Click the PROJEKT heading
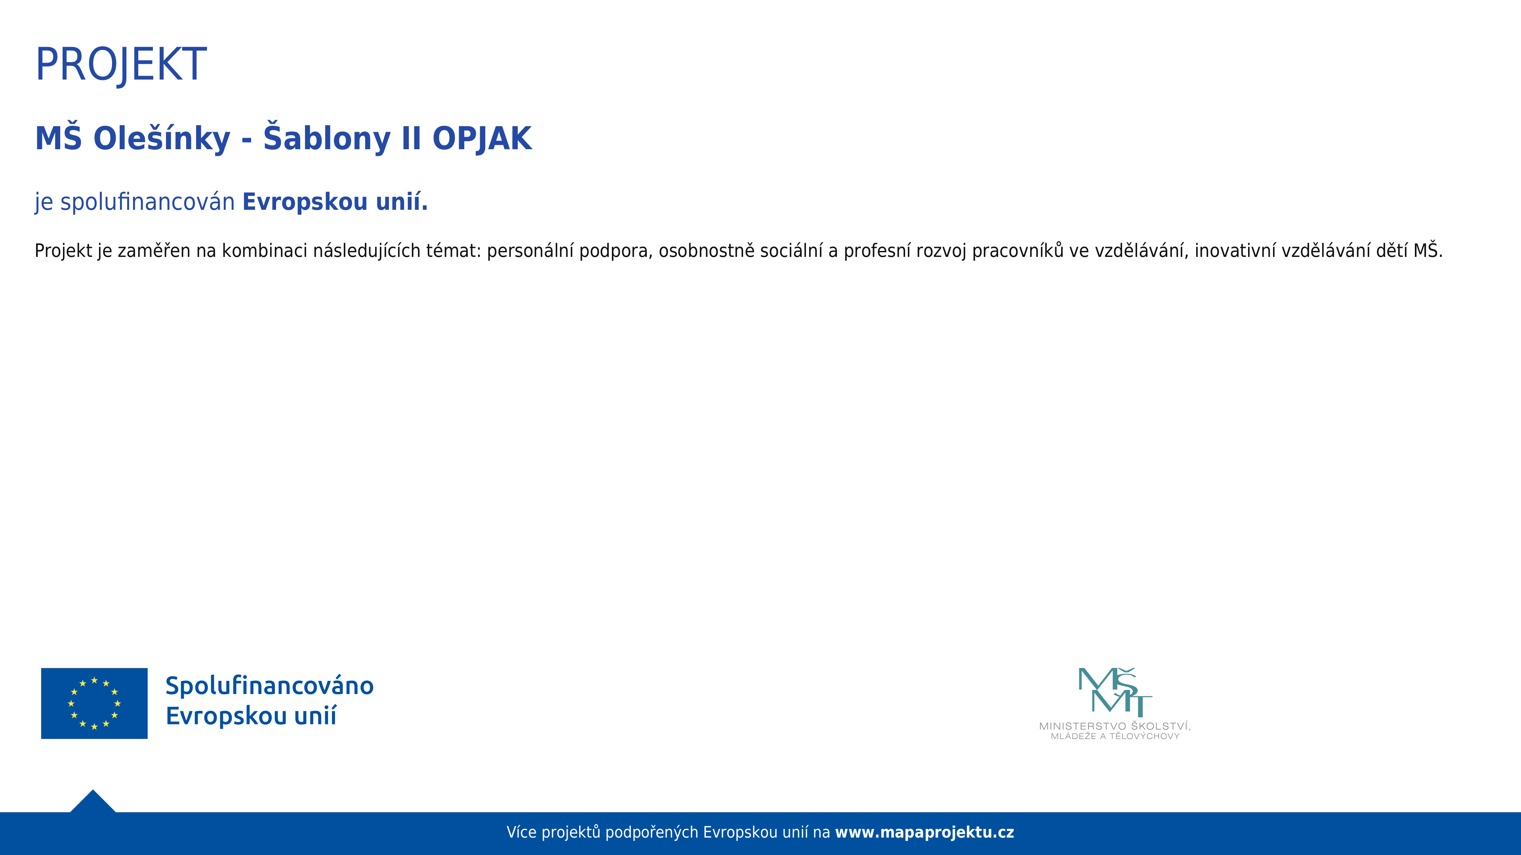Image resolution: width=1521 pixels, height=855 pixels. pyautogui.click(x=121, y=65)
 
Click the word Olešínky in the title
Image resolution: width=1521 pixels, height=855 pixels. pyautogui.click(x=162, y=138)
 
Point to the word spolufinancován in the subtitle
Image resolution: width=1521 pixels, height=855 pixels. pyautogui.click(x=148, y=202)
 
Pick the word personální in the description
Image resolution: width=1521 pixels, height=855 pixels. pyautogui.click(x=530, y=251)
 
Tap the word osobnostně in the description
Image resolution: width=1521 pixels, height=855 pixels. pyautogui.click(x=707, y=251)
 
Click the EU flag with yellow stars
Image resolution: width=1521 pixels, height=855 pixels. pyautogui.click(x=95, y=703)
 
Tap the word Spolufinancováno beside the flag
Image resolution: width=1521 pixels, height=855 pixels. pyautogui.click(x=269, y=686)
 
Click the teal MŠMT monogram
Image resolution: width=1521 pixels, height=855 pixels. pyautogui.click(x=1115, y=692)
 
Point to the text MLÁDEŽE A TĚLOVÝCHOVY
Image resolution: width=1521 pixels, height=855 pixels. pyautogui.click(x=1115, y=736)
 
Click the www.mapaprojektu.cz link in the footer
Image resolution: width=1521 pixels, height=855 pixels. pyautogui.click(x=924, y=832)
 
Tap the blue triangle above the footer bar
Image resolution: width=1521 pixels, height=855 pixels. pyautogui.click(x=93, y=802)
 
